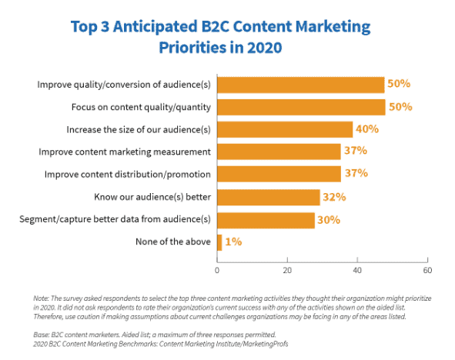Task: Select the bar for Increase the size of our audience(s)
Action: tap(285, 129)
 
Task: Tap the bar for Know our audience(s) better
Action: tap(269, 197)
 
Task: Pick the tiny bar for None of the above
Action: tap(220, 242)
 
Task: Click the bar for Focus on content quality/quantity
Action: tap(301, 106)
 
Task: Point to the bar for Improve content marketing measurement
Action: tap(279, 152)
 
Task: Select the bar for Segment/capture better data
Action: tap(266, 219)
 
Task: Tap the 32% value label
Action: tap(334, 197)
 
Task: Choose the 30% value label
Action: tap(330, 219)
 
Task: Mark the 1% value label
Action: tap(234, 242)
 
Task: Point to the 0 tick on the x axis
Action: tap(218, 270)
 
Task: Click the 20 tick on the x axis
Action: tap(287, 270)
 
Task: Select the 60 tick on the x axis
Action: tap(427, 270)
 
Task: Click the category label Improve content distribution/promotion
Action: tap(127, 175)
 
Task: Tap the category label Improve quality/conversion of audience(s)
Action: tap(124, 84)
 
